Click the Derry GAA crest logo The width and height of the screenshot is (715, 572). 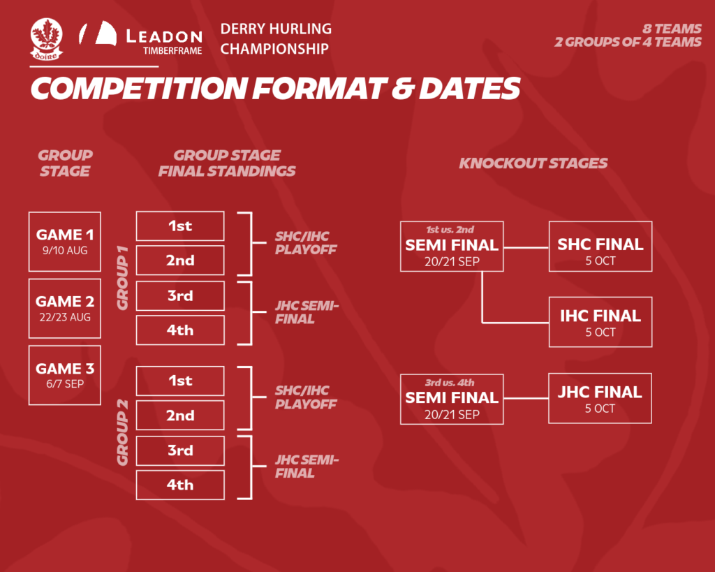point(47,39)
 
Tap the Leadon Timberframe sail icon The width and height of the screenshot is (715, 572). point(98,33)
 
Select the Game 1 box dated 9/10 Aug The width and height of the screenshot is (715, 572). point(65,242)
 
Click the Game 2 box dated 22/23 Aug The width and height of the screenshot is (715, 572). point(65,309)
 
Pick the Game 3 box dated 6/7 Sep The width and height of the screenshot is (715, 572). point(65,376)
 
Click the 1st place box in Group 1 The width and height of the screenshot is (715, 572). point(180,226)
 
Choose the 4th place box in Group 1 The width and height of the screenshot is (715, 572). point(180,330)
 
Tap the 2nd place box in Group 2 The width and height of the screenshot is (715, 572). point(180,415)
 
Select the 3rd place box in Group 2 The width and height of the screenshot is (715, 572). point(180,450)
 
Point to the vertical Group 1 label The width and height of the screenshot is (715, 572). point(122,278)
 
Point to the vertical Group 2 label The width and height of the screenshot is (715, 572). point(122,432)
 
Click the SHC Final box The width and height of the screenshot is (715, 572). point(600,247)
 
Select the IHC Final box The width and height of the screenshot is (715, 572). point(600,322)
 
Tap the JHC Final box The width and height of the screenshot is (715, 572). point(600,398)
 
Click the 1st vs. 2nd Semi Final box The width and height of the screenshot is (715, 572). point(452,247)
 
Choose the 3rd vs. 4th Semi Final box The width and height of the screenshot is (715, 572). point(452,399)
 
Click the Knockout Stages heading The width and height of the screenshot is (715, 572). point(533,163)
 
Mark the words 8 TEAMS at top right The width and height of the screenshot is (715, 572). point(672,28)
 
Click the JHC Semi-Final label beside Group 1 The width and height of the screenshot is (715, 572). point(307,312)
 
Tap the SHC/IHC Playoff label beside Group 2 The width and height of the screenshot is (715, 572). point(306,397)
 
